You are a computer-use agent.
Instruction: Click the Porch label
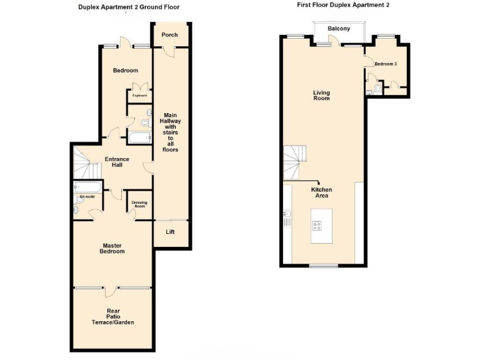(x=169, y=35)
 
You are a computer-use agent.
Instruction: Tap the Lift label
(x=170, y=232)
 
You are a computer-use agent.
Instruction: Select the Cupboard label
(x=139, y=96)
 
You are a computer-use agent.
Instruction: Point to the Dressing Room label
(x=139, y=204)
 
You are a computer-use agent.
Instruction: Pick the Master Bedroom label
(x=113, y=248)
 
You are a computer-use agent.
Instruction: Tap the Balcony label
(x=339, y=29)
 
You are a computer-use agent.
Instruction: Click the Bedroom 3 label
(x=386, y=64)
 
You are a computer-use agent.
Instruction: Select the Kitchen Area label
(x=322, y=192)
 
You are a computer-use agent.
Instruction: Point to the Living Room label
(x=321, y=96)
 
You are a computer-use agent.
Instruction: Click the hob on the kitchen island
(x=317, y=227)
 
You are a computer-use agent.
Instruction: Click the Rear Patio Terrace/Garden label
(x=113, y=317)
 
